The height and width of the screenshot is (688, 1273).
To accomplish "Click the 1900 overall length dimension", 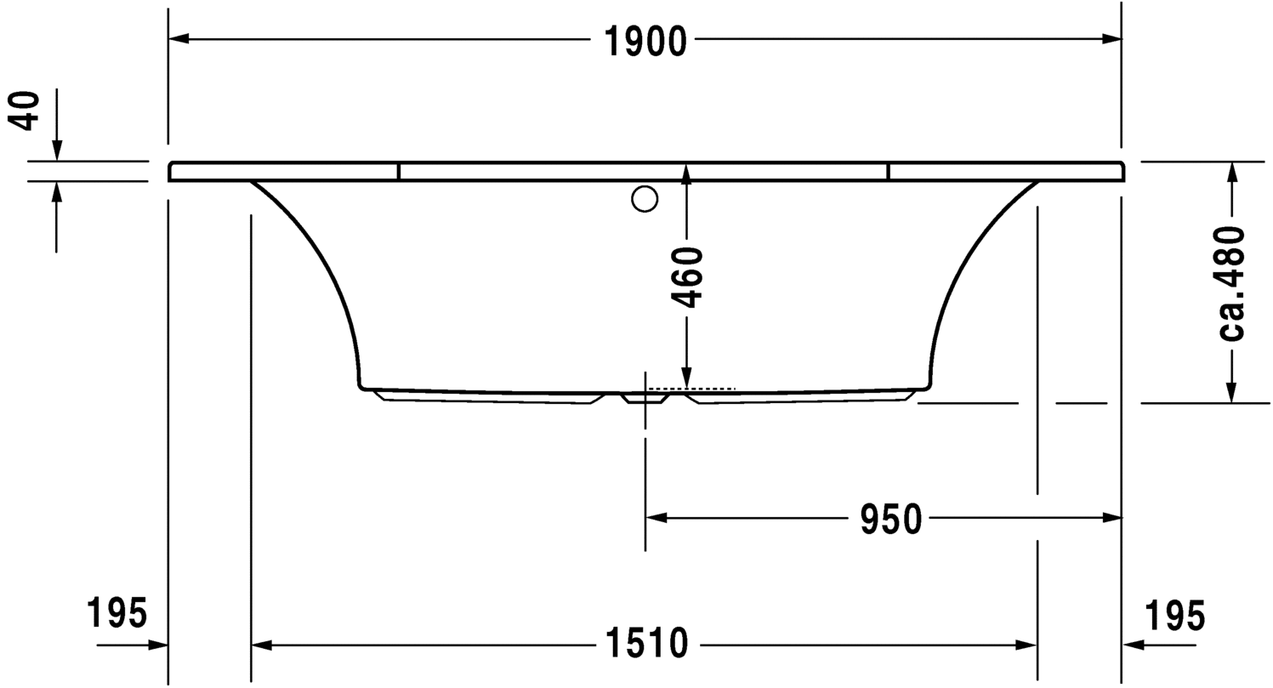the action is point(645,42).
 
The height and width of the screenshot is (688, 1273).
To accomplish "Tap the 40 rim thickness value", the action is point(25,111).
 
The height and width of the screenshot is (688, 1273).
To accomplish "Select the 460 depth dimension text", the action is point(686,277).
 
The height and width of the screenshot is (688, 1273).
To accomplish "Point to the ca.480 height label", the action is point(1231,283).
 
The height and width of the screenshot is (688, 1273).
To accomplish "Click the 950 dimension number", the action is point(890,519).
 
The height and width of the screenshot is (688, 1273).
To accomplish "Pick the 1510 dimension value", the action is point(647,644).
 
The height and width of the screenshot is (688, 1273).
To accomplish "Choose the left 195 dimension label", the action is point(117,613).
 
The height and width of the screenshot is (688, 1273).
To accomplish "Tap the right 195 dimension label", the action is point(1174,615).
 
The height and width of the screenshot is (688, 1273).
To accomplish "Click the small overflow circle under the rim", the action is point(645,199).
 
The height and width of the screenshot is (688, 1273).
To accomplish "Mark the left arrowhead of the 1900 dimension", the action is point(179,38).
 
